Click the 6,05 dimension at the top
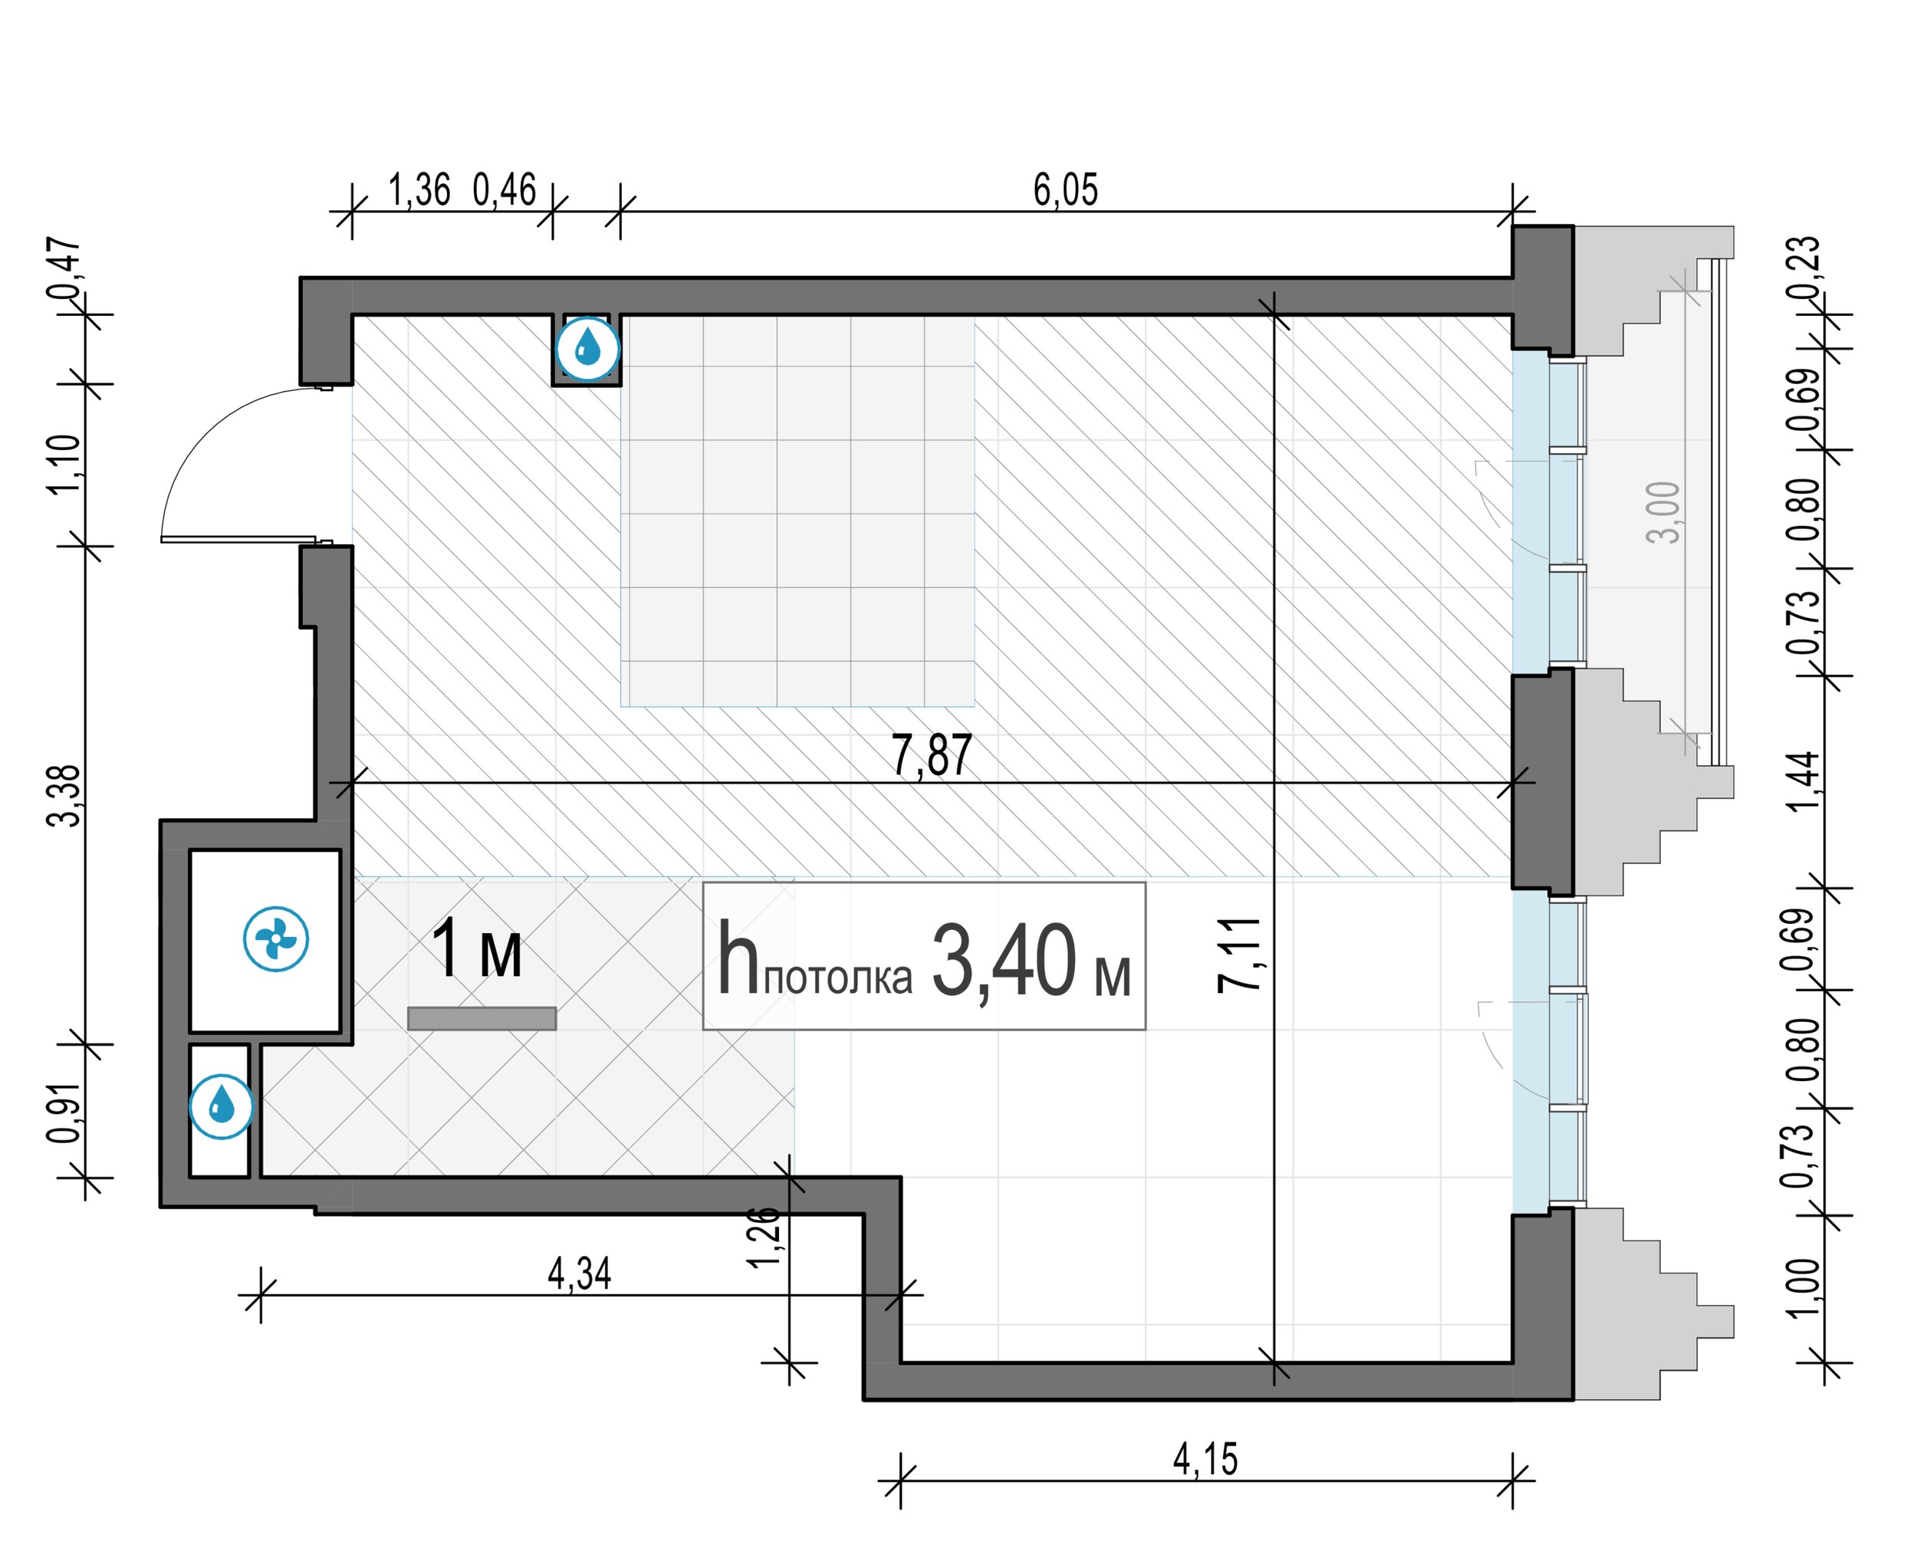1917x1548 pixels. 1066,190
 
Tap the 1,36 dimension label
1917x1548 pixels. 419,190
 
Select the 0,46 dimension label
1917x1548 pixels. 505,190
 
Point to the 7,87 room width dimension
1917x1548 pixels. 932,755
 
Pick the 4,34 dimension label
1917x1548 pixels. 580,1274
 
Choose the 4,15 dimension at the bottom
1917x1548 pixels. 1205,1460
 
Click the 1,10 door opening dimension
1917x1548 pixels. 64,464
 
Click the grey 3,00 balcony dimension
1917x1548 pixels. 1663,512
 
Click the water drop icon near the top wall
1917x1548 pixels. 587,348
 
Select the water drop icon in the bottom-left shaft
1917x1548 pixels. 221,1106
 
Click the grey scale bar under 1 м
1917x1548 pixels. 482,1018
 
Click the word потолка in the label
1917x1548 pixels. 838,978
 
